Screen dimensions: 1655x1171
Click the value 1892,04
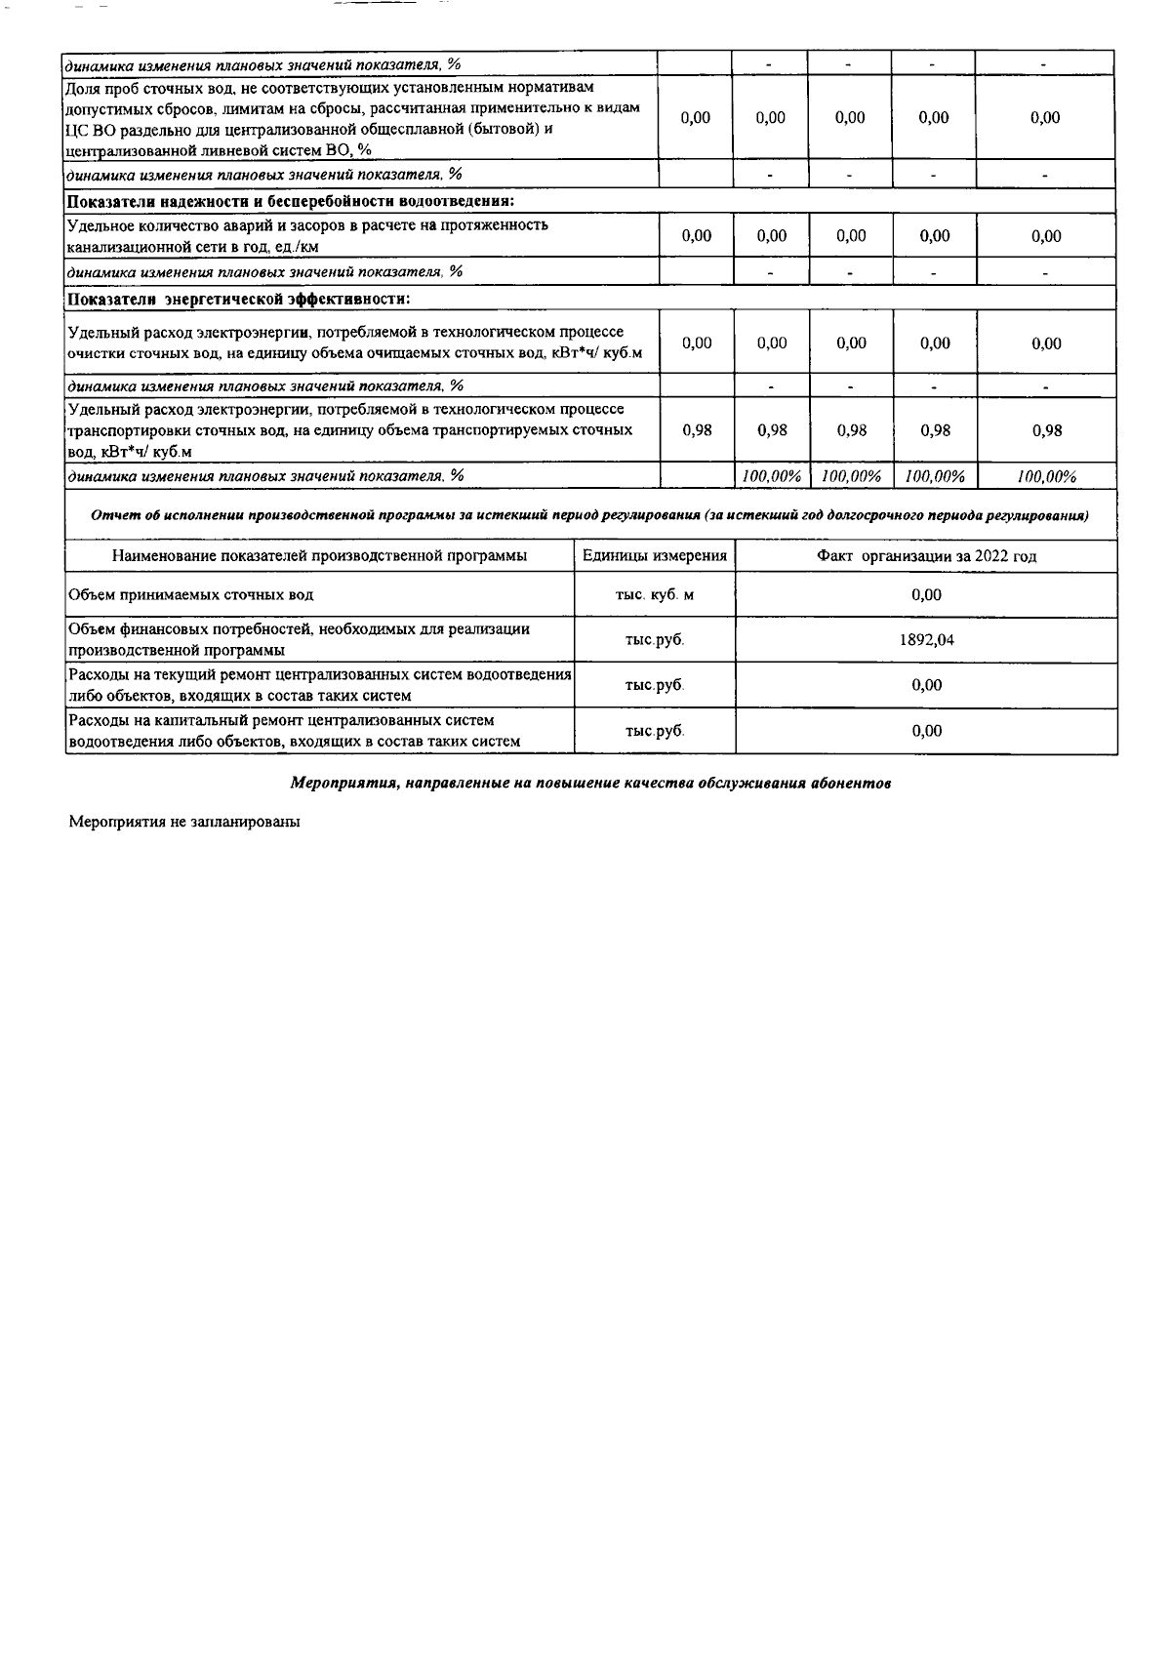pos(926,640)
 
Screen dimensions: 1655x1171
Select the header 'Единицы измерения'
pos(654,555)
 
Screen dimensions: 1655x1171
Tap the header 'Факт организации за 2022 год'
pos(926,555)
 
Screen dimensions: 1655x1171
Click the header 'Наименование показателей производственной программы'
pos(319,555)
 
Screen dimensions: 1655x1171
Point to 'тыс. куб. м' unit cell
pos(654,594)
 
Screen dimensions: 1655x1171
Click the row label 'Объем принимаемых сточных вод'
pos(190,594)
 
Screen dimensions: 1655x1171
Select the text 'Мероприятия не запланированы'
pos(183,822)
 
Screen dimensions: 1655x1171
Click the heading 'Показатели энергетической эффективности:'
pos(238,298)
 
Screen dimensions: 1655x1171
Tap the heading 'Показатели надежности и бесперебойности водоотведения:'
pos(290,201)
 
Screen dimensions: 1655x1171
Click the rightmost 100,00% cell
pos(1045,476)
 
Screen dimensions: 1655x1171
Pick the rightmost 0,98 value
pos(1045,430)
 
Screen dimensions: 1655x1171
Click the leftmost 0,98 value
pos(696,430)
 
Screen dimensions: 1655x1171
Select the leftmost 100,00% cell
pos(771,476)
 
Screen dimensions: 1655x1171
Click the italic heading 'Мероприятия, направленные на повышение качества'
pos(590,784)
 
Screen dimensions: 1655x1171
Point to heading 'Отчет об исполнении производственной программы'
pos(590,514)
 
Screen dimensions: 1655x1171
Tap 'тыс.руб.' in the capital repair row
pos(654,731)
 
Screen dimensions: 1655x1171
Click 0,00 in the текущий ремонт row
pos(926,685)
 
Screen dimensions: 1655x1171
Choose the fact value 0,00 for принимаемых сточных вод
pos(926,594)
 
